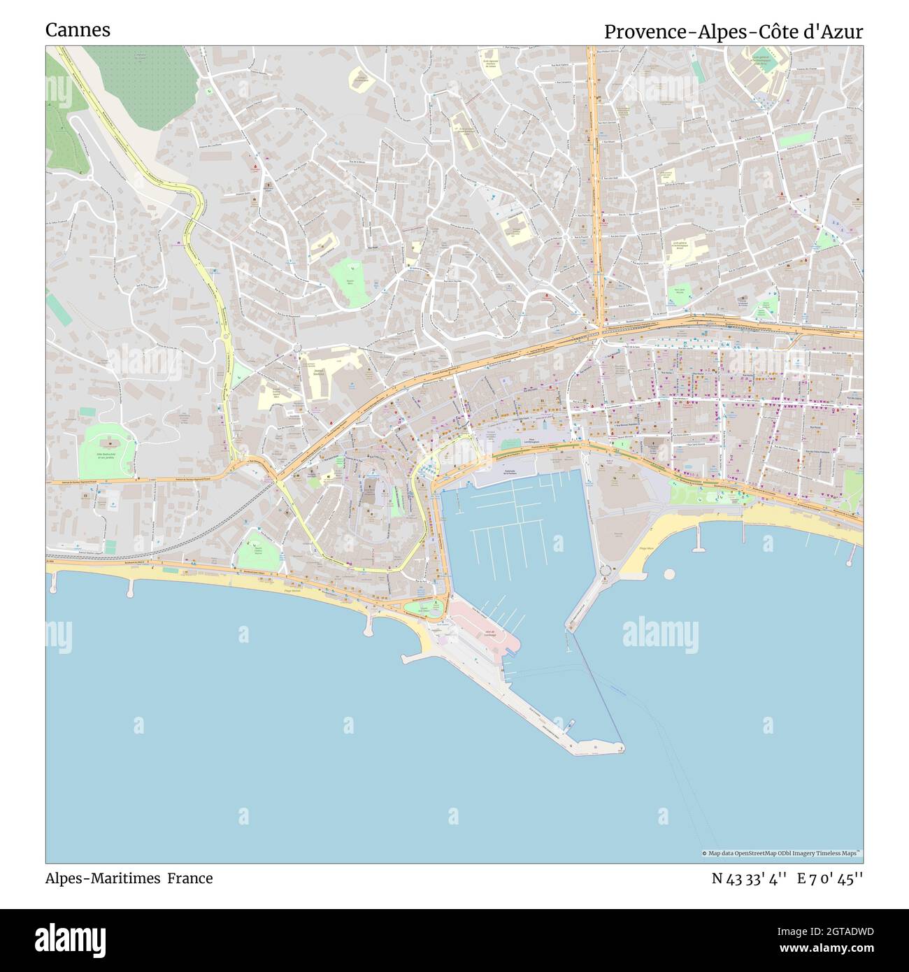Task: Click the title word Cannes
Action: pos(78,30)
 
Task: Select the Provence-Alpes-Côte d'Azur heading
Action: pos(733,31)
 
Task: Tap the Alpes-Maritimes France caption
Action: pos(129,878)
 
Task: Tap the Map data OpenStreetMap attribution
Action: pos(781,853)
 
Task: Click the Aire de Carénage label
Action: pos(489,634)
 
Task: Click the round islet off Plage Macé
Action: pos(669,574)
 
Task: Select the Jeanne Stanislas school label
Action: pos(319,373)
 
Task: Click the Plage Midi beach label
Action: pos(292,591)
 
